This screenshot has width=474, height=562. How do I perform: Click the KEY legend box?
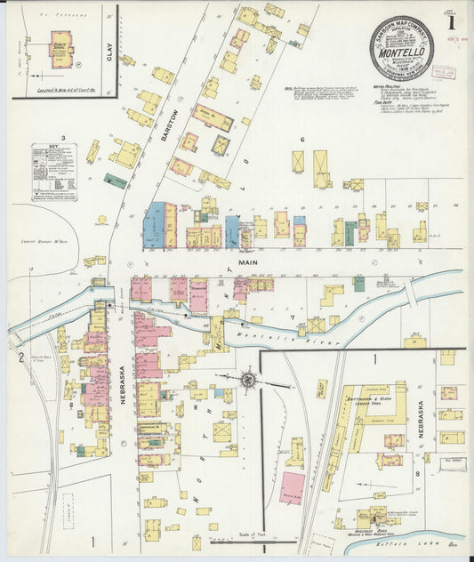pyautogui.click(x=54, y=172)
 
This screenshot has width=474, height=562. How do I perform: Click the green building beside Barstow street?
pyautogui.click(x=115, y=181)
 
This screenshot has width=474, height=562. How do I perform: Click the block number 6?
pyautogui.click(x=302, y=140)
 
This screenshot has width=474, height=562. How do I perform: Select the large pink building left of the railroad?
pyautogui.click(x=292, y=488)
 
